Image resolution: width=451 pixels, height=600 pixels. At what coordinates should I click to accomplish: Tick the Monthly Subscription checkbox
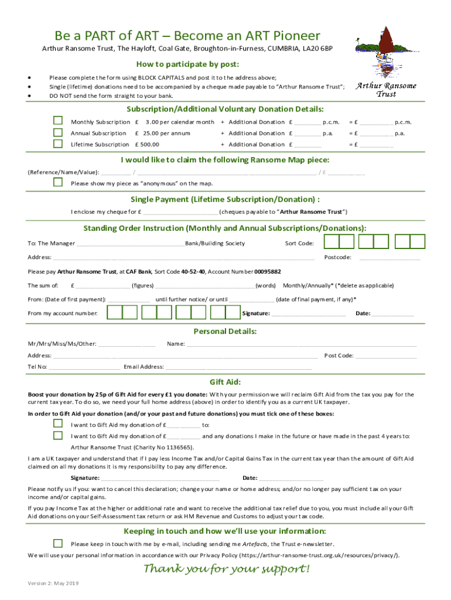[58, 121]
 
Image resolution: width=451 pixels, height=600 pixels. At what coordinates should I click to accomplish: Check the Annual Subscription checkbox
[58, 132]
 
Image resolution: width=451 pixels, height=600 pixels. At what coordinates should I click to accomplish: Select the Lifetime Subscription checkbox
[58, 144]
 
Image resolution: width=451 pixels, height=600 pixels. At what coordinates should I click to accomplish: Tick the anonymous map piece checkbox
[58, 182]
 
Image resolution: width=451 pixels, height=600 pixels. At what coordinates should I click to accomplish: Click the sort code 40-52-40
[193, 272]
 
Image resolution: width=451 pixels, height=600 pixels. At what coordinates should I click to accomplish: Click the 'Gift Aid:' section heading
[225, 381]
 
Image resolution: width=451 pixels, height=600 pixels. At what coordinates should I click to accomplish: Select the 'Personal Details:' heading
[225, 332]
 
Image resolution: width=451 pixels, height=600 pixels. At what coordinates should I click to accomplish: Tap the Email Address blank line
[238, 367]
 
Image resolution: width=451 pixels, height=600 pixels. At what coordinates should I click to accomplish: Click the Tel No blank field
[84, 367]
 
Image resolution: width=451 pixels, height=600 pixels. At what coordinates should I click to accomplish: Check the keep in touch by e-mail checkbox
[58, 543]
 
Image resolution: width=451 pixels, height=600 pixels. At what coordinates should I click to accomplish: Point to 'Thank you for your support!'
[226, 570]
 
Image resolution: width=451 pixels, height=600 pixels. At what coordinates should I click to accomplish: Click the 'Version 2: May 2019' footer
[53, 584]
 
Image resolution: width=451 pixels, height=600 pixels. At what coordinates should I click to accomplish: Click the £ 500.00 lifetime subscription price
[147, 144]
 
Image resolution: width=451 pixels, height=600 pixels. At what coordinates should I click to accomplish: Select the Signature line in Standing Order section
[308, 313]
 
